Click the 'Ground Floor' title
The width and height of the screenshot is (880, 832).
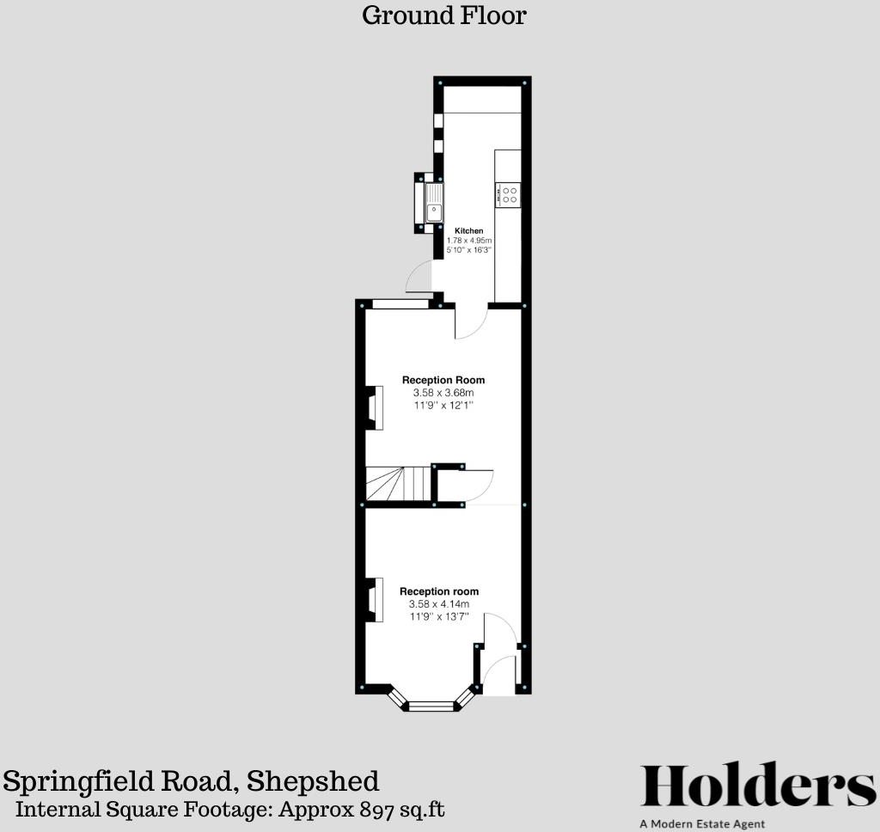(x=443, y=15)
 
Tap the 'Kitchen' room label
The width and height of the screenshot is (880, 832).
(x=469, y=231)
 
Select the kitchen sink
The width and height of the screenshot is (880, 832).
(x=434, y=204)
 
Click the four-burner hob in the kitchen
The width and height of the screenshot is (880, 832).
(x=509, y=195)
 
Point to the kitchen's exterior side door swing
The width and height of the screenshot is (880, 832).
(x=419, y=277)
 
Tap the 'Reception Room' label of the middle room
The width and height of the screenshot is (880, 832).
(x=443, y=380)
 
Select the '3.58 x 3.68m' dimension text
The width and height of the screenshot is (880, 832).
(x=443, y=393)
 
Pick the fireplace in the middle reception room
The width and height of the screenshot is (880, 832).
(x=376, y=407)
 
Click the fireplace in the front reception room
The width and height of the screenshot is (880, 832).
(x=376, y=599)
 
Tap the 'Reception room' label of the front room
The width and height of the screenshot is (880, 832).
(x=439, y=591)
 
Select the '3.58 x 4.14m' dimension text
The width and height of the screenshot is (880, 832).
(x=439, y=604)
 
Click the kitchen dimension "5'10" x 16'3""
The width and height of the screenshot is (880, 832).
(x=469, y=250)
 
